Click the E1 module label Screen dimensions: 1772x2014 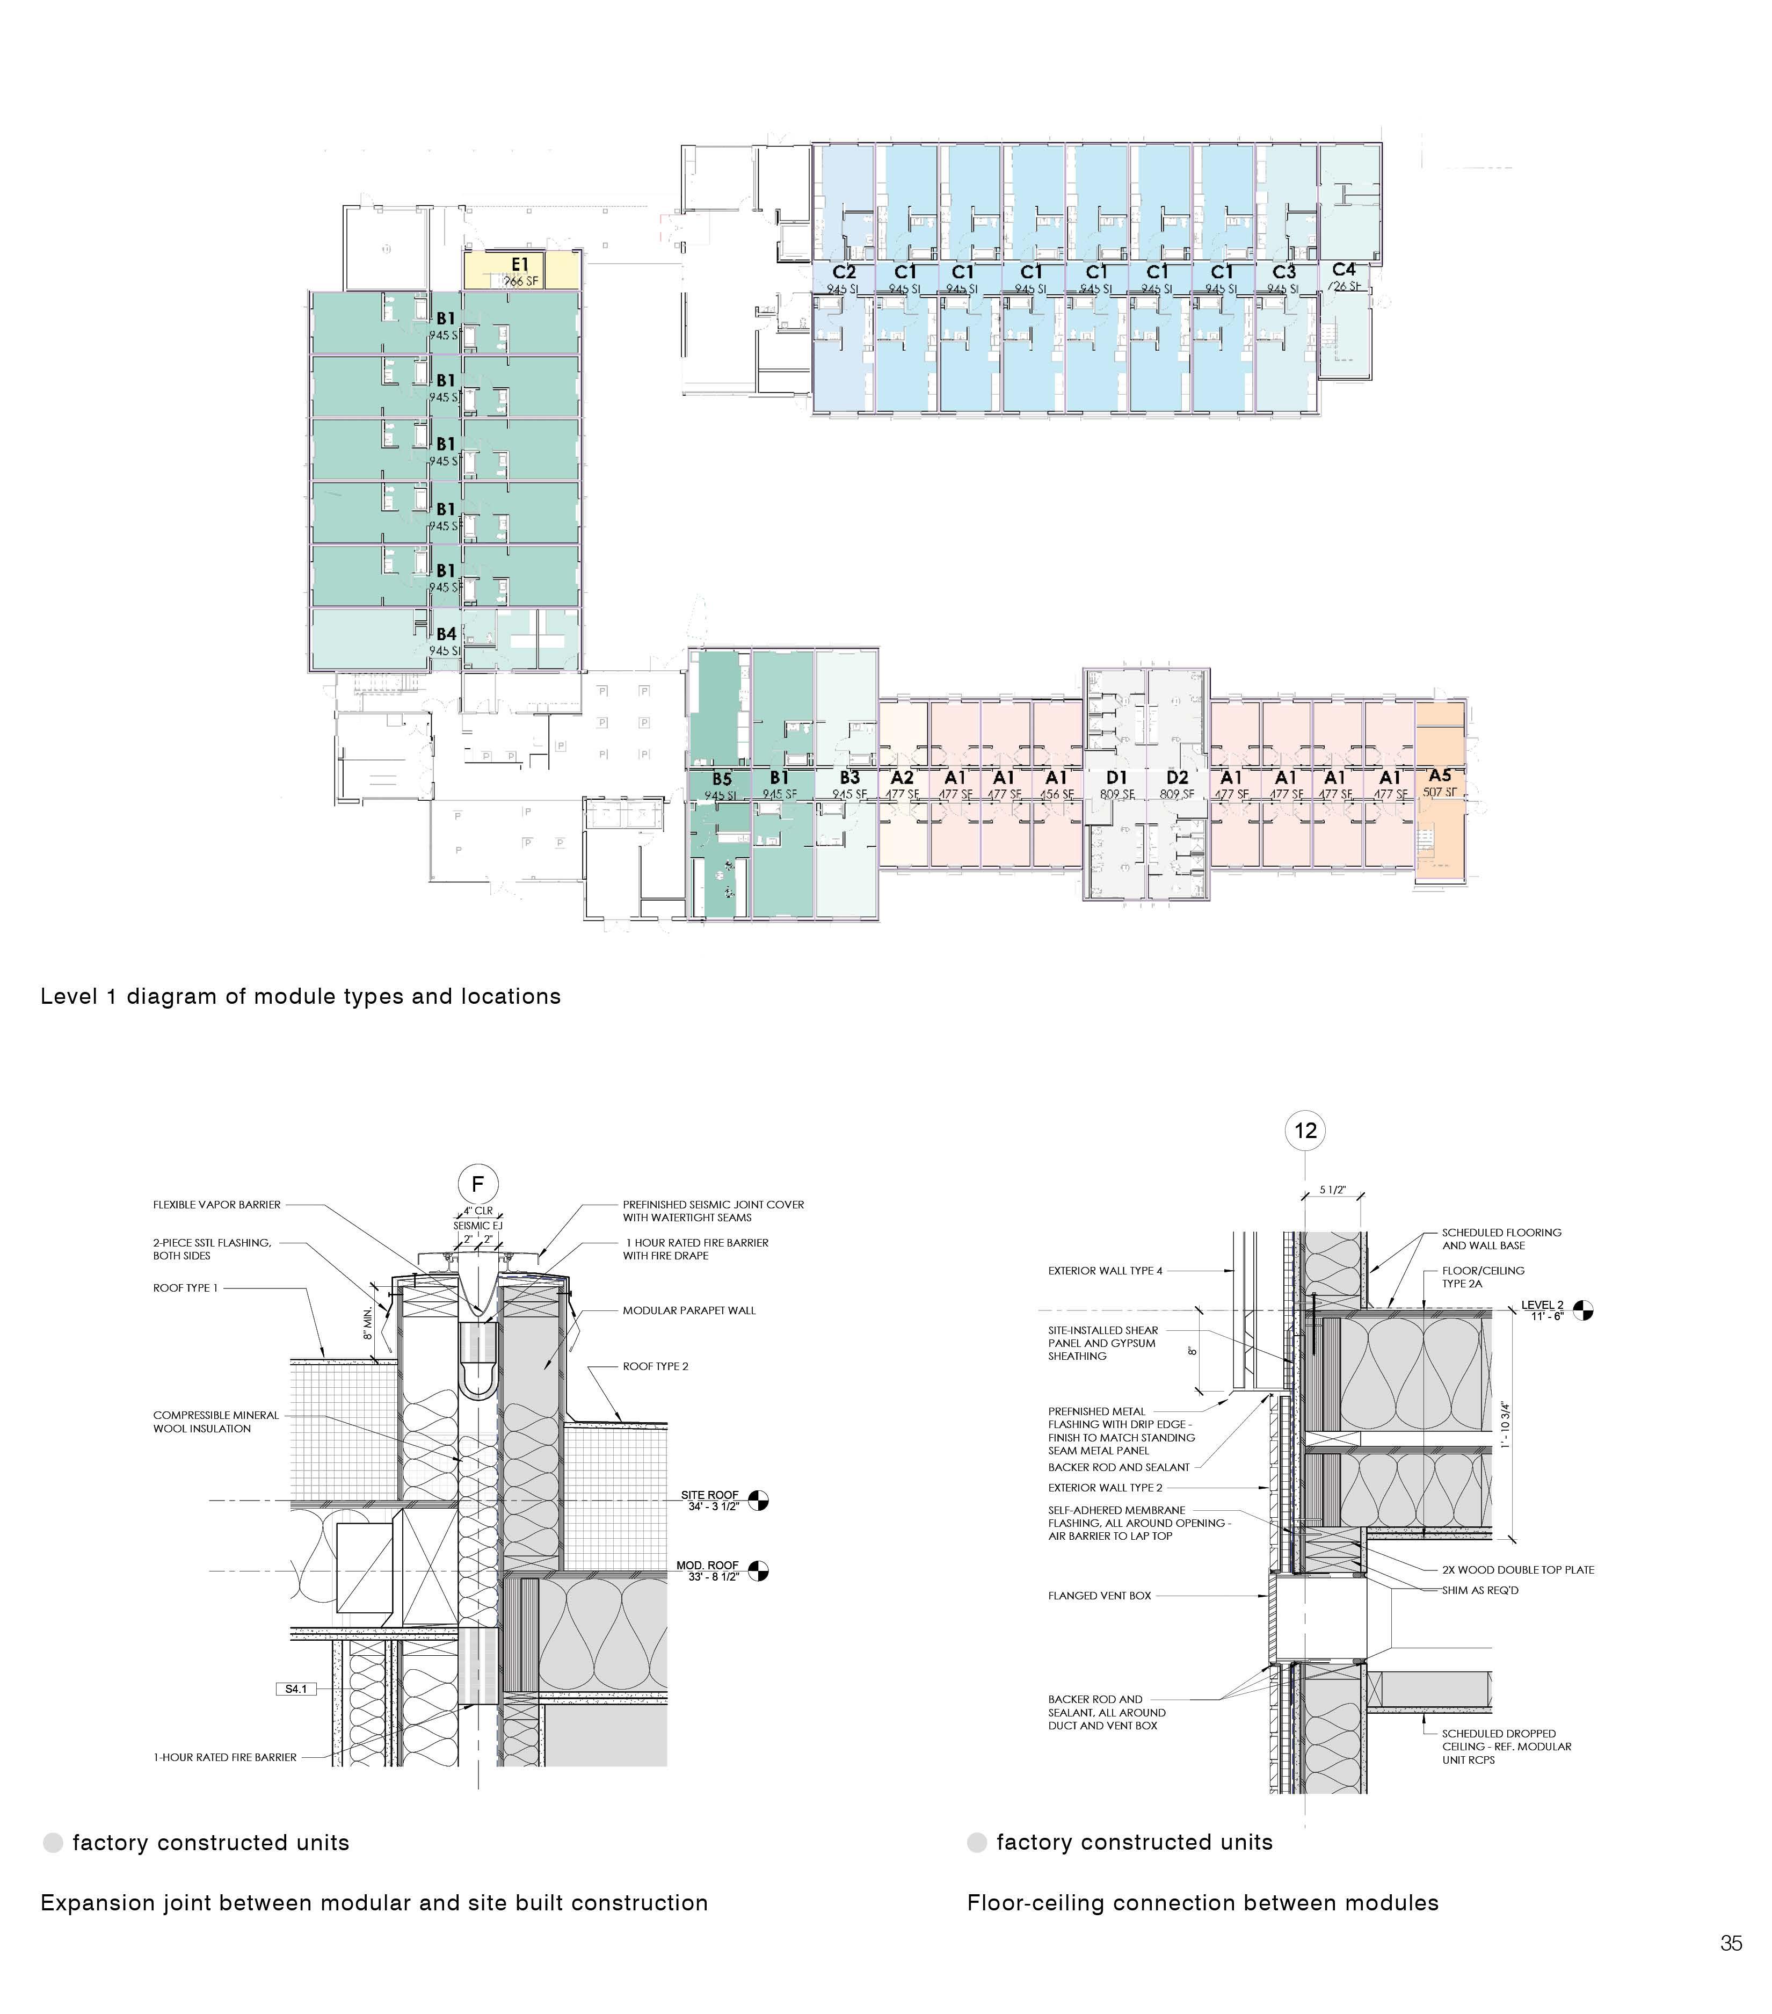[520, 264]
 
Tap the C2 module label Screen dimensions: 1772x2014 [844, 272]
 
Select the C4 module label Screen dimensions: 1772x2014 [1343, 269]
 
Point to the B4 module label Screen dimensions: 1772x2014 [446, 634]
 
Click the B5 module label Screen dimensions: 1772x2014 [721, 778]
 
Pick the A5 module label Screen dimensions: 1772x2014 [1439, 776]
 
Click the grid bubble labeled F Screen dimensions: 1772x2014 [478, 1183]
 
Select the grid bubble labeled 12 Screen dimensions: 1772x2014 [1305, 1130]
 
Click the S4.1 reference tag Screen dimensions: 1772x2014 [295, 1689]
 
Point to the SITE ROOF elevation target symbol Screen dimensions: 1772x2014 [758, 1501]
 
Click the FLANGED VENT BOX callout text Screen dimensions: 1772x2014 [1099, 1595]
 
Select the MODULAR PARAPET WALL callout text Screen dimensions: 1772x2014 [688, 1310]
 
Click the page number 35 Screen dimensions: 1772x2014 [1731, 1943]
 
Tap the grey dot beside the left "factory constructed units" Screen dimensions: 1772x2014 [53, 1843]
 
